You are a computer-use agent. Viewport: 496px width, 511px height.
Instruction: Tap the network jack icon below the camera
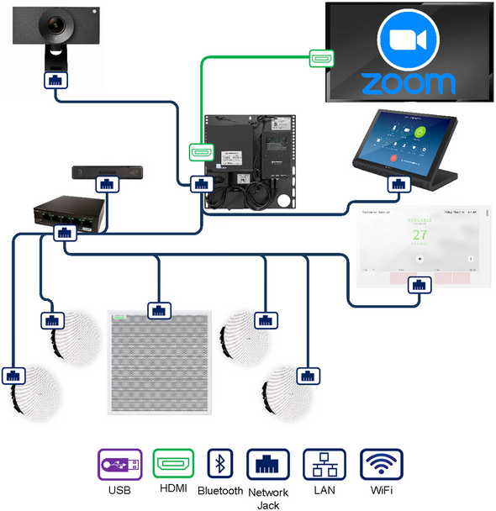point(55,82)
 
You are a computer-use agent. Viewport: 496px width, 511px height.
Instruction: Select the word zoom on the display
point(408,83)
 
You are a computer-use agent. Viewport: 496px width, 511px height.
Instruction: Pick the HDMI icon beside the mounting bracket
point(199,153)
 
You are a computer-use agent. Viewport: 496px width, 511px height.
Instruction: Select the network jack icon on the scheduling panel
point(418,285)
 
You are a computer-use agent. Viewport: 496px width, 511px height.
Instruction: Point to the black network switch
point(70,218)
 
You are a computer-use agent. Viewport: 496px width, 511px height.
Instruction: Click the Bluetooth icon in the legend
point(220,463)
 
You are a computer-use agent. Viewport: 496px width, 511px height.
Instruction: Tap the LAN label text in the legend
point(323,490)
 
